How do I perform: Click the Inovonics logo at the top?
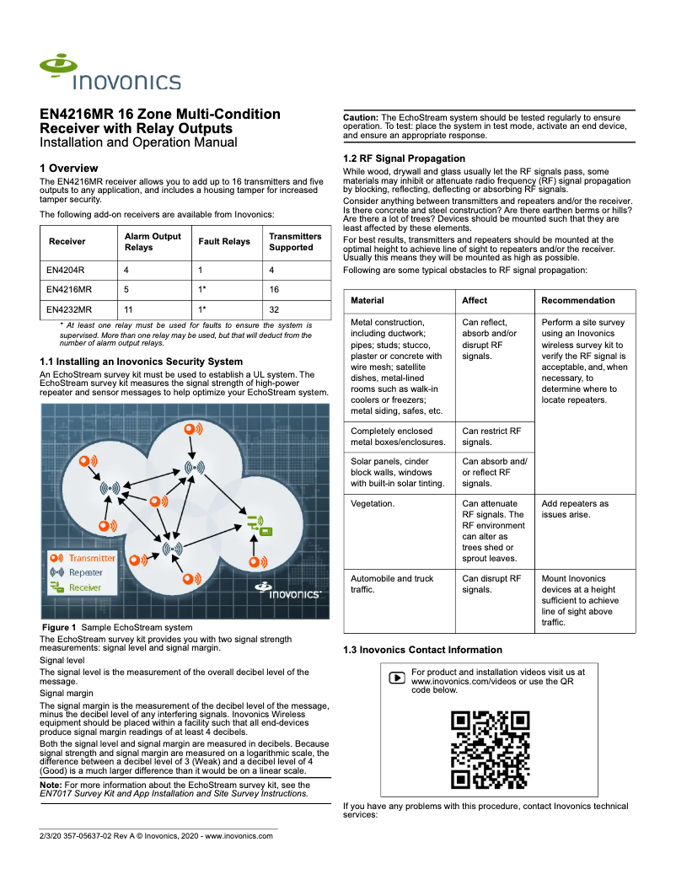pos(110,73)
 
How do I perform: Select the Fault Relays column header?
pos(223,242)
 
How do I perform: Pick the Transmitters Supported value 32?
pos(275,309)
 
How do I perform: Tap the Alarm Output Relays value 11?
pos(129,309)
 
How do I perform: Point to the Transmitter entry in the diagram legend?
pos(83,558)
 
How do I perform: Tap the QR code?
pos(490,750)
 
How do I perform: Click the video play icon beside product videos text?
pos(397,678)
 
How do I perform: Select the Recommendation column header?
pos(577,301)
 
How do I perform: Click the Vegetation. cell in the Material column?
pos(373,504)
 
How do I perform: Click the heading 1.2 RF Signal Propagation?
pos(404,158)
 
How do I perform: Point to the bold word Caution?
pos(361,117)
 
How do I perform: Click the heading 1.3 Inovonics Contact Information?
pos(422,650)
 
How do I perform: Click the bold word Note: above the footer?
pos(50,785)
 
